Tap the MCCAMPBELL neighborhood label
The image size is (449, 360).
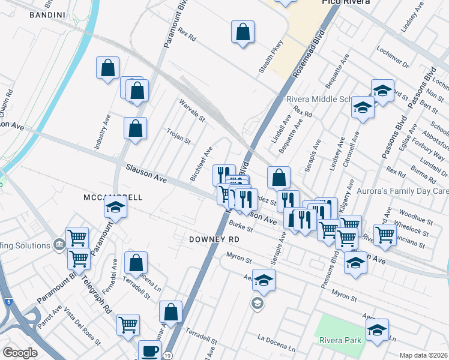click(113, 197)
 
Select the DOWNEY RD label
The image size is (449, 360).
click(214, 239)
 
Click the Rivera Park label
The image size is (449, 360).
click(340, 340)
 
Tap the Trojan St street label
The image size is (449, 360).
click(178, 137)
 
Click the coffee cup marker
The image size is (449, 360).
click(149, 351)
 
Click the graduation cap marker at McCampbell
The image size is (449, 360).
click(116, 209)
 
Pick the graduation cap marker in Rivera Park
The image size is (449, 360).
click(377, 331)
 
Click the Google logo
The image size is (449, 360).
click(20, 353)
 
